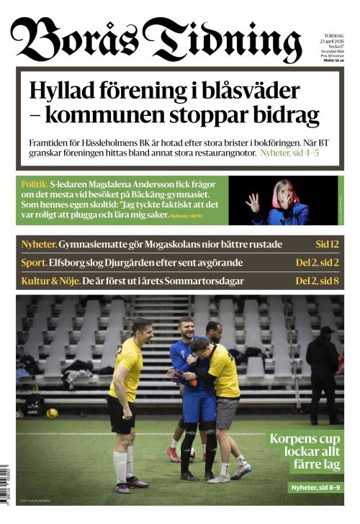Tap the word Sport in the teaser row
point(34,263)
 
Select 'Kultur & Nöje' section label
point(49,281)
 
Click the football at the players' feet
point(192,453)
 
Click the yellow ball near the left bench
point(52,413)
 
